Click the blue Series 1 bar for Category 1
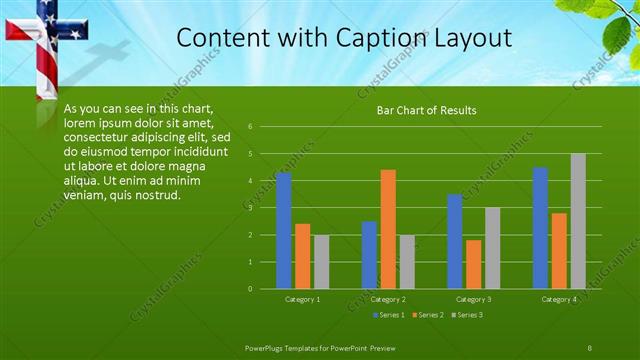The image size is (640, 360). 283,230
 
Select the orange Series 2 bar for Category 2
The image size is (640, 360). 388,229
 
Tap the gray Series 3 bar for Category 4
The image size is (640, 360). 578,221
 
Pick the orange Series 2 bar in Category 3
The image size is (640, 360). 474,264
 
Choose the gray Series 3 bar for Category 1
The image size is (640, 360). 321,262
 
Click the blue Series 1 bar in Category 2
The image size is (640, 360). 369,255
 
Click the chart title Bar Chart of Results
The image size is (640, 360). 426,110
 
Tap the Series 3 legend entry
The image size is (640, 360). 469,315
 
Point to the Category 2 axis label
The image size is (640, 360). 387,299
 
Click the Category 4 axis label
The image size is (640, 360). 559,299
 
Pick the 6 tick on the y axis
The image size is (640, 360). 263,127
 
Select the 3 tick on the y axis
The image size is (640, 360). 263,208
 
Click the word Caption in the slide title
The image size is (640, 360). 371,37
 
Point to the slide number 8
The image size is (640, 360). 590,347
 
